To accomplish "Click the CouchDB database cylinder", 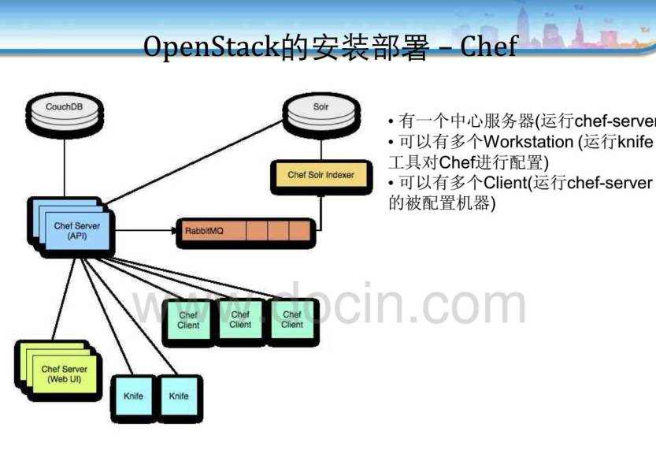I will click(x=64, y=110).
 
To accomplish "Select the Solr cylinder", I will click(x=321, y=110).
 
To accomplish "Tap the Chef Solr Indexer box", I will click(x=321, y=175).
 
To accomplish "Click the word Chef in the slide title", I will click(x=488, y=47).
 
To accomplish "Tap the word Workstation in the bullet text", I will click(x=528, y=143).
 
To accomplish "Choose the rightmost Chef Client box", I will click(x=292, y=320).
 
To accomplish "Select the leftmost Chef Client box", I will click(x=189, y=322).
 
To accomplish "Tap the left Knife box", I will click(x=134, y=396).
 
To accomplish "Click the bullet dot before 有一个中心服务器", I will click(x=391, y=122).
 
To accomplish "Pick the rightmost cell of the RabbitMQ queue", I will click(x=299, y=231).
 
